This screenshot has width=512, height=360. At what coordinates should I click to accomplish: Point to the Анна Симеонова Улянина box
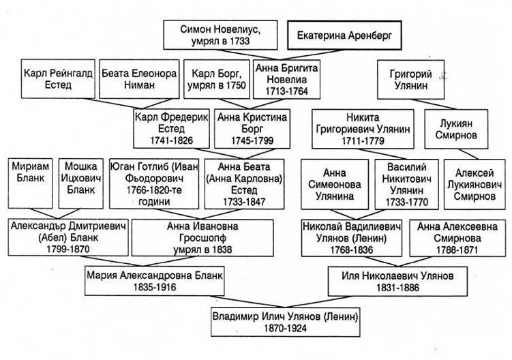point(334,182)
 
